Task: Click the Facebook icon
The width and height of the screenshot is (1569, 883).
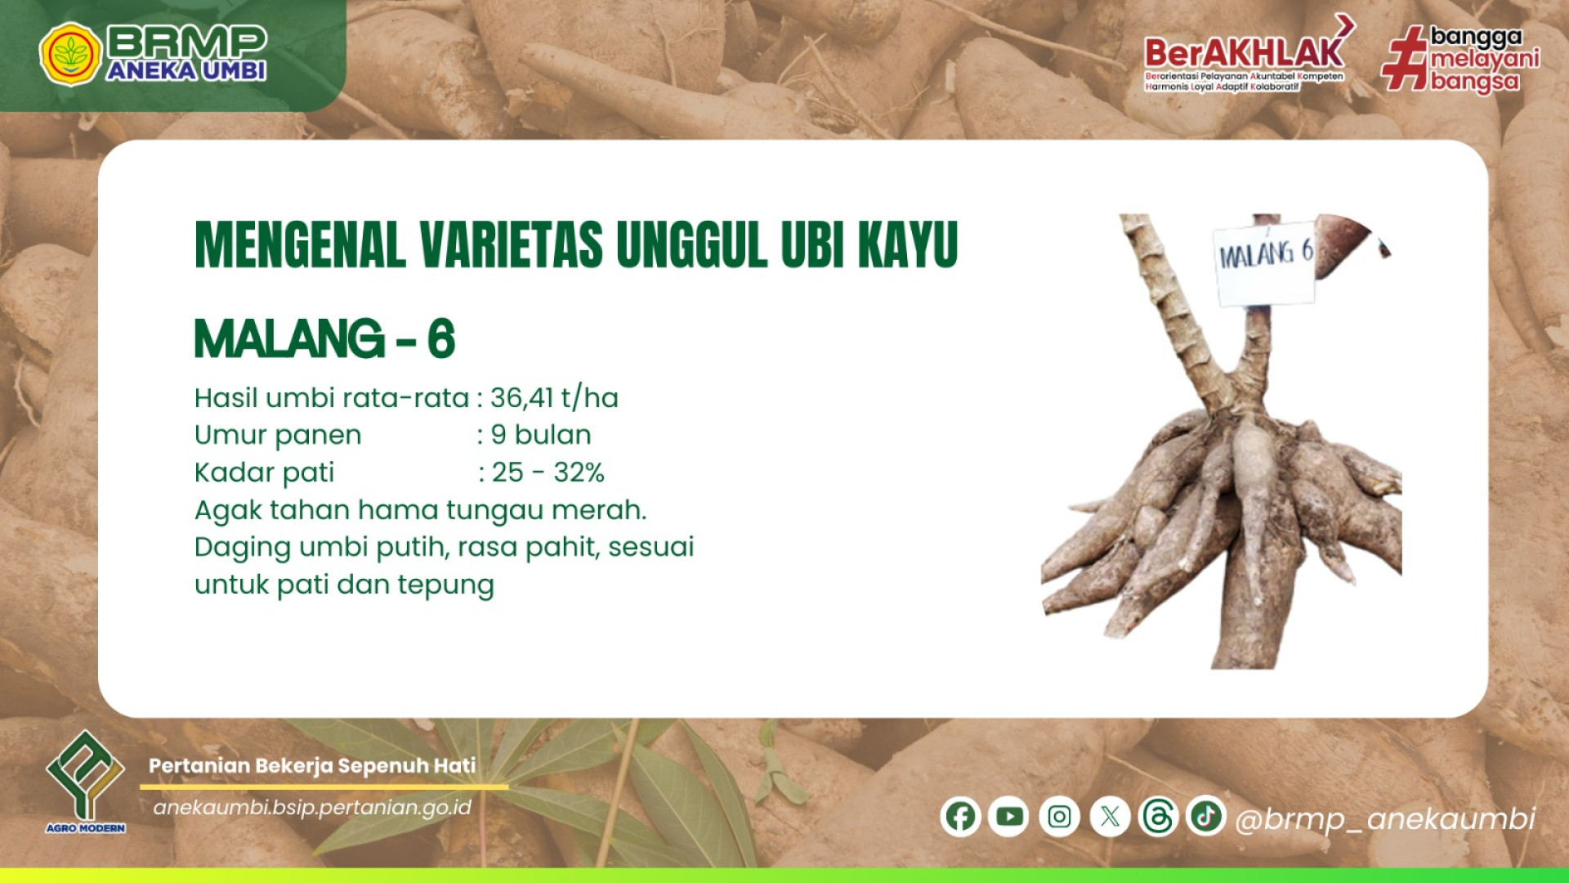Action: (x=960, y=816)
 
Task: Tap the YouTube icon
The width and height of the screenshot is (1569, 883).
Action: (x=1009, y=816)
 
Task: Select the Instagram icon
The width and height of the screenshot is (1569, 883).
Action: (x=1059, y=816)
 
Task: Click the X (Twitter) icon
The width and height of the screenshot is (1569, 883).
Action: (x=1110, y=816)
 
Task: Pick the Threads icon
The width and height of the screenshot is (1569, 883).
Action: (x=1158, y=816)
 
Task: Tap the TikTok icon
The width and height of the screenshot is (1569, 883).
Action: (x=1206, y=815)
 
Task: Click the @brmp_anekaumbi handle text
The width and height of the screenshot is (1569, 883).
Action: (x=1385, y=819)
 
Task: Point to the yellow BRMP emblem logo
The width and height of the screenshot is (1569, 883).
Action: (x=70, y=54)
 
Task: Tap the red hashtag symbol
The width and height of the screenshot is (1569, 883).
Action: (x=1404, y=57)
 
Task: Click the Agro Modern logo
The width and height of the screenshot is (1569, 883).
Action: (x=86, y=781)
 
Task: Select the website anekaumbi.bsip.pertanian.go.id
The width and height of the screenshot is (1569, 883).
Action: (x=312, y=808)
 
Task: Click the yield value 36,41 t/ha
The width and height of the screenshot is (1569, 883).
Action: (x=554, y=398)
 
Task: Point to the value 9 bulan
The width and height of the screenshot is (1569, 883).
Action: (x=541, y=435)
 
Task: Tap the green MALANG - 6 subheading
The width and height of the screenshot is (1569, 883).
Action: (x=324, y=338)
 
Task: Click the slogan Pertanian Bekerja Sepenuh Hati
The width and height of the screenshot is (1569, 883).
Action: (x=312, y=766)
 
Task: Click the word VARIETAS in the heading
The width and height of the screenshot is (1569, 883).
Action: (x=512, y=244)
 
